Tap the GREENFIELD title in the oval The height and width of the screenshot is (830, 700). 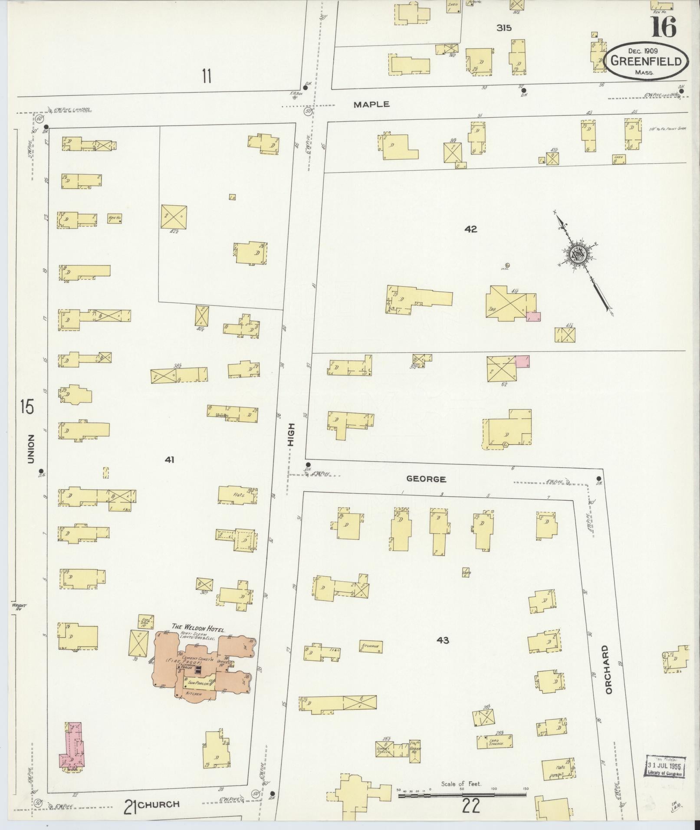click(646, 61)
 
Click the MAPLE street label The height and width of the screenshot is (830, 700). click(371, 105)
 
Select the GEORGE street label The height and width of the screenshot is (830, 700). click(426, 479)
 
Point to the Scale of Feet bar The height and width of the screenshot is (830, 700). click(462, 795)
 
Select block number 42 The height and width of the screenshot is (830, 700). click(470, 229)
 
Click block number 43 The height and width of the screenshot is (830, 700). click(443, 640)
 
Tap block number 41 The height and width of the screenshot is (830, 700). click(169, 460)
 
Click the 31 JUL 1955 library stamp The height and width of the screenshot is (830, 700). click(664, 767)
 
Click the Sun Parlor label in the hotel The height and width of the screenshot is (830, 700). click(199, 683)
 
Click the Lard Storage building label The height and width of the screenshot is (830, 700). click(496, 741)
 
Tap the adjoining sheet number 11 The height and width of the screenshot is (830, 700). click(206, 76)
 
